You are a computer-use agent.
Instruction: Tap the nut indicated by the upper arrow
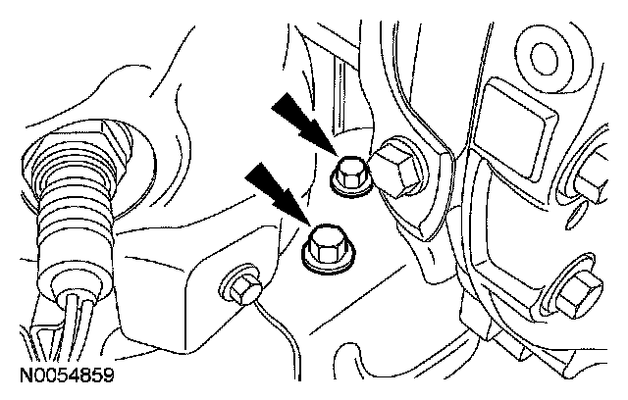[x=347, y=174]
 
